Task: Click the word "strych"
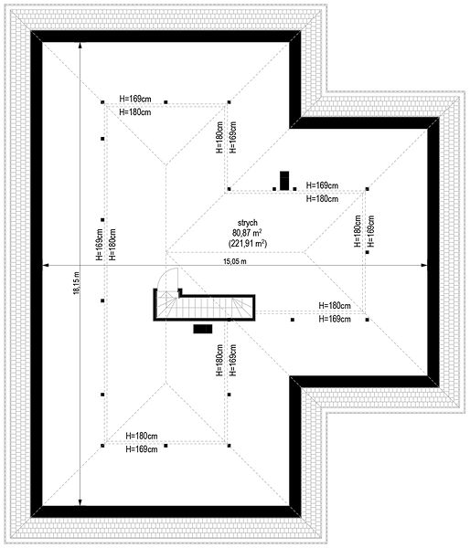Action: click(248, 223)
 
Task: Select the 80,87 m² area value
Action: click(248, 232)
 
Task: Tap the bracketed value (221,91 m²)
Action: click(248, 243)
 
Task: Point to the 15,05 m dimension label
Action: click(235, 261)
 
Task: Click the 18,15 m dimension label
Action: click(76, 283)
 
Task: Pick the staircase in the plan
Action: click(205, 308)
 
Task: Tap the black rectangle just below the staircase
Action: click(203, 329)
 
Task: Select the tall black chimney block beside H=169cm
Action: click(284, 181)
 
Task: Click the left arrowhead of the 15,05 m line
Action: click(45, 265)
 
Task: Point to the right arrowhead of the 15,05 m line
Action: click(424, 265)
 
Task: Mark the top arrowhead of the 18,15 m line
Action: click(80, 45)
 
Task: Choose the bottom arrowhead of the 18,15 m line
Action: click(80, 502)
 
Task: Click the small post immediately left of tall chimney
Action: click(274, 189)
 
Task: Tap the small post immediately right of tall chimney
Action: click(294, 189)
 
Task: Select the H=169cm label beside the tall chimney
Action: click(322, 185)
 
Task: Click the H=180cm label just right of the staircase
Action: click(335, 305)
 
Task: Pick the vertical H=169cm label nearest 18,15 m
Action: click(100, 245)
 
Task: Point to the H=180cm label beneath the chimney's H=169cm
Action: click(322, 198)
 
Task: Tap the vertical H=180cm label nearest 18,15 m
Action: click(112, 245)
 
